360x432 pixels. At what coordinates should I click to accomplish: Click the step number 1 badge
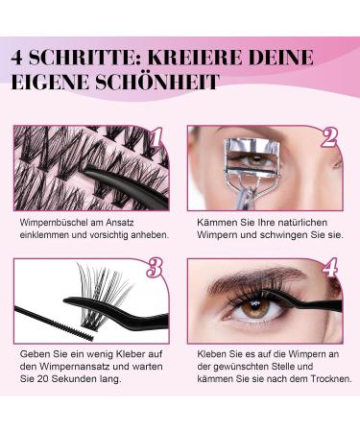click(x=156, y=138)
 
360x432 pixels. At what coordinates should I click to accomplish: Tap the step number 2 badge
click(x=329, y=137)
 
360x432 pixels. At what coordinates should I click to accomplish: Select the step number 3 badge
click(x=155, y=268)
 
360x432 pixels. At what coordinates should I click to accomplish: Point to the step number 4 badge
click(x=330, y=268)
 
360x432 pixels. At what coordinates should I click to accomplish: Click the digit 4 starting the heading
click(x=17, y=58)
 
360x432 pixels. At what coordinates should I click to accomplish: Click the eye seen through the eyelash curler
click(x=256, y=158)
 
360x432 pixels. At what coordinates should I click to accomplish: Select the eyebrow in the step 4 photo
click(x=256, y=278)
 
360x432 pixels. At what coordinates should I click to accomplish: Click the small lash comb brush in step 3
click(x=54, y=324)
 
